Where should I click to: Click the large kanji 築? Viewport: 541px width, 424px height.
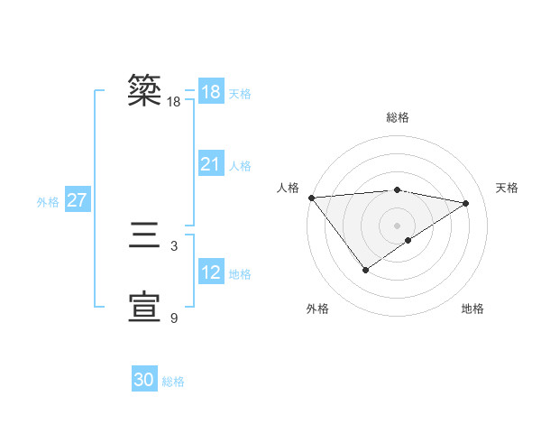[145, 91]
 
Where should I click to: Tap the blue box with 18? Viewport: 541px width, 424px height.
[210, 92]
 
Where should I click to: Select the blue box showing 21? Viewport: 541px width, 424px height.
[210, 164]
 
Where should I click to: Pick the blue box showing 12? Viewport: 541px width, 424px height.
[210, 272]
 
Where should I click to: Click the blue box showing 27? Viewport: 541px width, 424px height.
[77, 200]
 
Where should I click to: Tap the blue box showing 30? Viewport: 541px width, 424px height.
[144, 380]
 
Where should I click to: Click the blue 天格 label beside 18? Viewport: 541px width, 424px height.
[240, 93]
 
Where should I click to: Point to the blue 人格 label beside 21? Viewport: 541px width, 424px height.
[240, 165]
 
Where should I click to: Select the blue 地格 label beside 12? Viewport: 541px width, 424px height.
[240, 273]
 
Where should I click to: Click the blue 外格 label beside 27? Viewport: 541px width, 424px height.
[48, 202]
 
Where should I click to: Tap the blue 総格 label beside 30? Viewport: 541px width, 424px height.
[173, 382]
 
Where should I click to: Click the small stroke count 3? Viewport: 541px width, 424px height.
[173, 245]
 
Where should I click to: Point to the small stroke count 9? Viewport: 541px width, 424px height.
[174, 318]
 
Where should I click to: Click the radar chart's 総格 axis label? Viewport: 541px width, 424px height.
[397, 117]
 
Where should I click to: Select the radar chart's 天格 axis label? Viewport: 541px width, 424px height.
[507, 188]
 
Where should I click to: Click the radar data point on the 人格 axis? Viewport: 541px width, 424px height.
[311, 198]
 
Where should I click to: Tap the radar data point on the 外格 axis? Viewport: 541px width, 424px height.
[365, 269]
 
